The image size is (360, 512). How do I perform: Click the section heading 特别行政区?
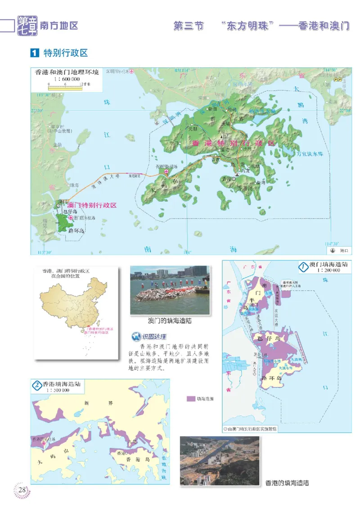click(x=65, y=53)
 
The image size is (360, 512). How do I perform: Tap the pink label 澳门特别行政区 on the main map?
click(x=92, y=205)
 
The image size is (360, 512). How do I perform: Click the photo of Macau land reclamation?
click(x=170, y=290)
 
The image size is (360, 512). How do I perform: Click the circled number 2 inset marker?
click(x=36, y=385)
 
